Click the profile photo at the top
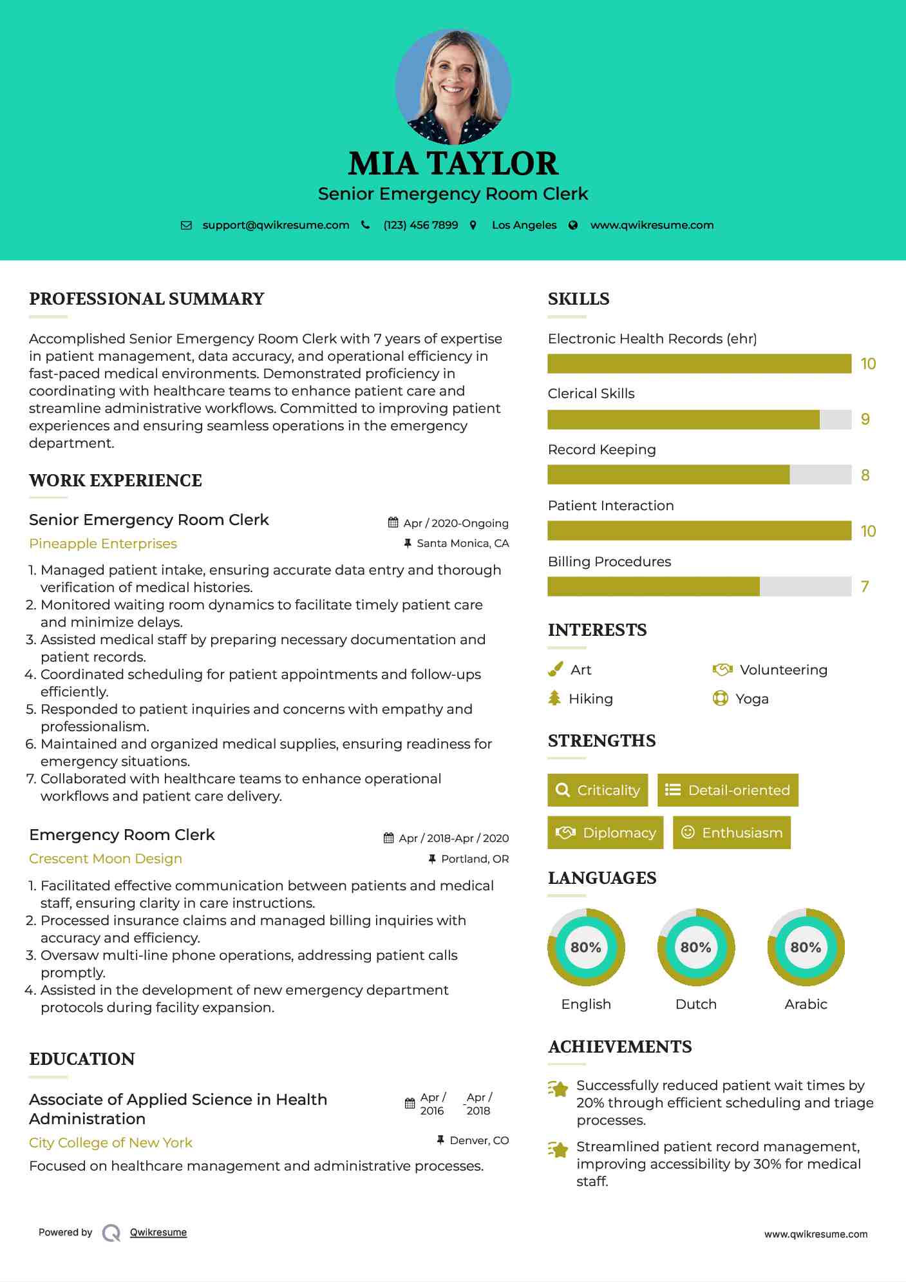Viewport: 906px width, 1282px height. coord(453,86)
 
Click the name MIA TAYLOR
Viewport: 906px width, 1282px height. coord(453,164)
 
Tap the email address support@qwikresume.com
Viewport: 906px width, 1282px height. coord(276,225)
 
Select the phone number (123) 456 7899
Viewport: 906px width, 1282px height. coord(420,225)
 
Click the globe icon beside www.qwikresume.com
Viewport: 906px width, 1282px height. coord(573,225)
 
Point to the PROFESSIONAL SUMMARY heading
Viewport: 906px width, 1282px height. coord(147,299)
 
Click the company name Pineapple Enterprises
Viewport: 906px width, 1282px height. coord(103,544)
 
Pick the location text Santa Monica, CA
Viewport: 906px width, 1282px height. coord(462,543)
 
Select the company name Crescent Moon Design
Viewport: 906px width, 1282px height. coord(106,859)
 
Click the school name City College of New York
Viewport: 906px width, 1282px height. coord(111,1143)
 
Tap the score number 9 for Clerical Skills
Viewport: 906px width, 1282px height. coord(865,419)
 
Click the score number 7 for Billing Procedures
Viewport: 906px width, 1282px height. coord(865,587)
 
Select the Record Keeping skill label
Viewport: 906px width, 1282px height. coord(601,450)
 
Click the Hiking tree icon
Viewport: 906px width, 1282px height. coord(554,698)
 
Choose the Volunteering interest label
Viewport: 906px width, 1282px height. coord(783,670)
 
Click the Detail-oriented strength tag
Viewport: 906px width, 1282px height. coord(728,790)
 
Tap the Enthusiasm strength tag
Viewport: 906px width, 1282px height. coord(731,833)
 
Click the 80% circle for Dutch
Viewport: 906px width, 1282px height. coord(696,947)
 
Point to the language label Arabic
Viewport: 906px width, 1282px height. coord(806,1004)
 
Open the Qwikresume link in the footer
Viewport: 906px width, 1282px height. coord(158,1232)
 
